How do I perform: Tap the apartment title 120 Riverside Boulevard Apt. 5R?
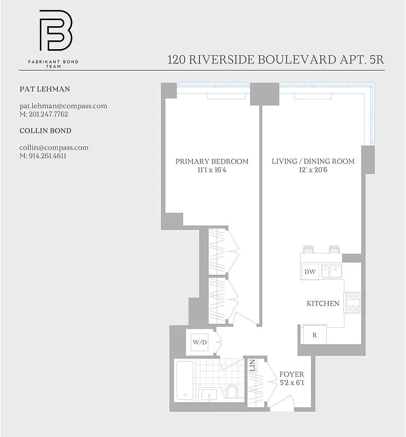(276, 60)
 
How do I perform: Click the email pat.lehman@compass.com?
(63, 106)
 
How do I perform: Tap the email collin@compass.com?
(54, 147)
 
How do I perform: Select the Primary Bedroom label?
(212, 162)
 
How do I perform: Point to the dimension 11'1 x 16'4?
(212, 170)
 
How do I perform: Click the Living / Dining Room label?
(313, 162)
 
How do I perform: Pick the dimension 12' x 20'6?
(313, 170)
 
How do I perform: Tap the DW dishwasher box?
(310, 272)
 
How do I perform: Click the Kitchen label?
(323, 304)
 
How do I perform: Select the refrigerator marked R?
(314, 335)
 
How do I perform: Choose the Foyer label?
(291, 375)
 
